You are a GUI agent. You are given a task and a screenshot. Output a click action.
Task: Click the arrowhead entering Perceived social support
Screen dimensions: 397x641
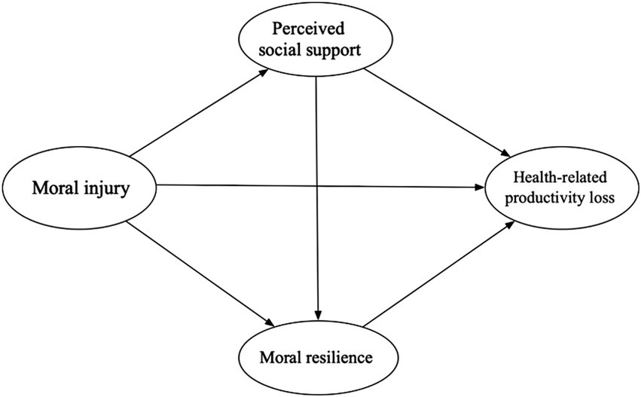(x=264, y=72)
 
